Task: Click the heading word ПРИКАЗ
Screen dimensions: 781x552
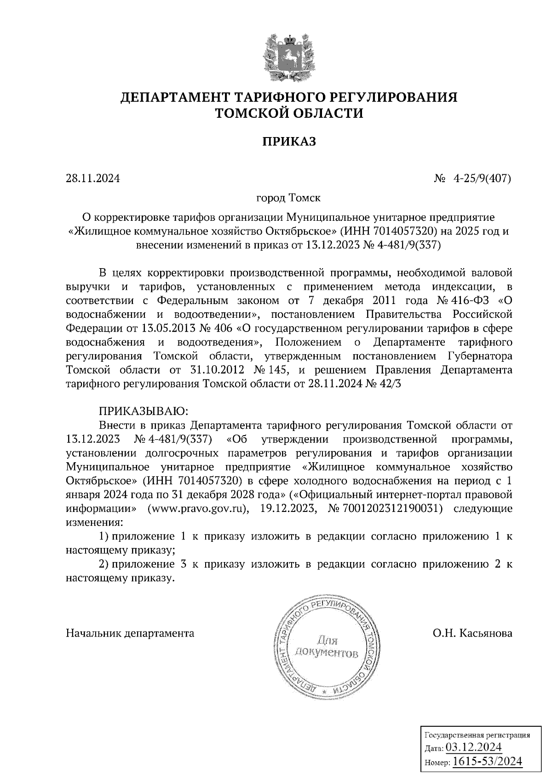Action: click(289, 141)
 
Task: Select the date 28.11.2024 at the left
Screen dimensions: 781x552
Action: click(93, 178)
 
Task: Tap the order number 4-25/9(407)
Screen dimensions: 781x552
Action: click(483, 178)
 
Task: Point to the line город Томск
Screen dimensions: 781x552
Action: click(288, 199)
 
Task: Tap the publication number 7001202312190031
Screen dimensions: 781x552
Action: click(393, 509)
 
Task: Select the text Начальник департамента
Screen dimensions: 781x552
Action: click(130, 633)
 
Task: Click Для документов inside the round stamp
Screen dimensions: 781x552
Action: click(327, 646)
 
